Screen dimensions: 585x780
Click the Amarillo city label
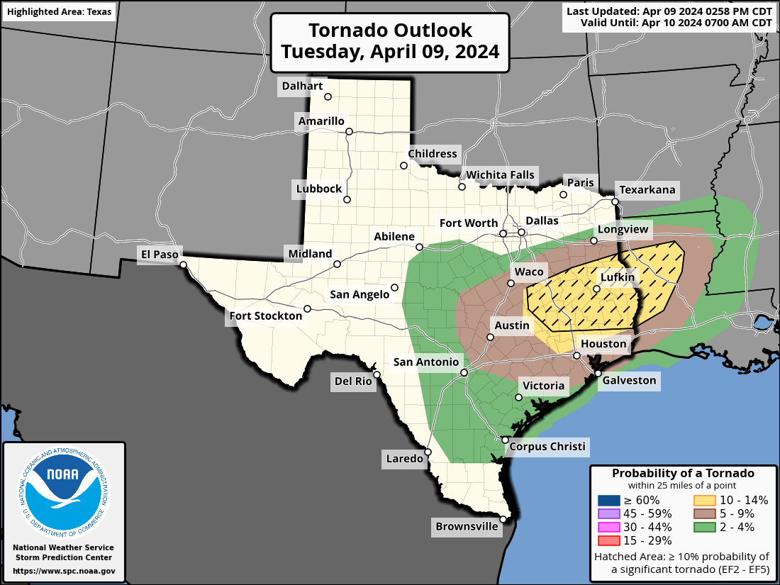321,121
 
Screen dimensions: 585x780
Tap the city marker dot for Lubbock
347,199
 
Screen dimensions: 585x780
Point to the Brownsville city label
467,527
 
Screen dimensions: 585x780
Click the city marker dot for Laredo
428,451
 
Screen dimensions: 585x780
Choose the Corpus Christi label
547,446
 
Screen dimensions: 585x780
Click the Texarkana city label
647,190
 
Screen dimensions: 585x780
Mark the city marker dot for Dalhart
328,97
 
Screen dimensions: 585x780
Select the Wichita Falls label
500,175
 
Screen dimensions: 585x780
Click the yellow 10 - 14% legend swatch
706,500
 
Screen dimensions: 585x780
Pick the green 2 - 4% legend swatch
706,527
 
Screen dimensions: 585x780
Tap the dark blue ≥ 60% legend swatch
609,500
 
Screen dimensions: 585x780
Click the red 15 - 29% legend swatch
609,540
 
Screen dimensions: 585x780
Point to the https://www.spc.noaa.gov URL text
64,571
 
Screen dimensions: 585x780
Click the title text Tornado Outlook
390,30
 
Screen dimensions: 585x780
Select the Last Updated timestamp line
669,11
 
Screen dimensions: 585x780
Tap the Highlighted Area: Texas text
60,13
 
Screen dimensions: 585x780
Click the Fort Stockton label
265,316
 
